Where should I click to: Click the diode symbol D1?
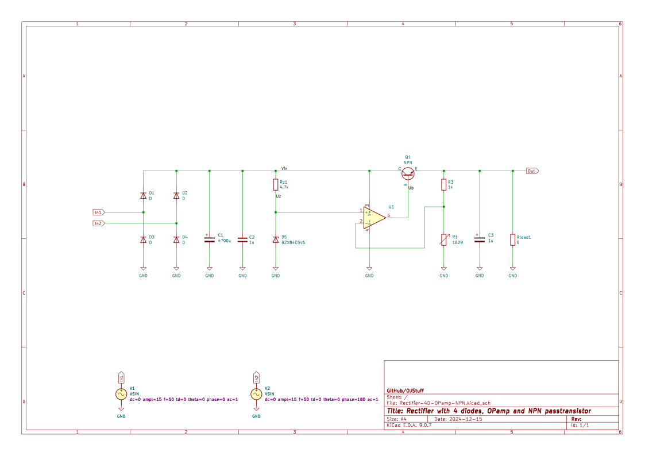(143, 196)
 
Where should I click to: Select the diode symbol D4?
(176, 239)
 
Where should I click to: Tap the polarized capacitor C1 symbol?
(210, 238)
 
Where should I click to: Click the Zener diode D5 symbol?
(276, 239)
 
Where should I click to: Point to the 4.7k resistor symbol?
(276, 184)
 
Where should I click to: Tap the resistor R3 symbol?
(443, 184)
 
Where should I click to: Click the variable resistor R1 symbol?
(443, 239)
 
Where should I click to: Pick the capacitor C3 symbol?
(480, 238)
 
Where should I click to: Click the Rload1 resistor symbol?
(513, 239)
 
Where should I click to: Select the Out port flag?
(532, 171)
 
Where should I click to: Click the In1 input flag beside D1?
(99, 212)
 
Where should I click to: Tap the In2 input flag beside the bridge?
(99, 223)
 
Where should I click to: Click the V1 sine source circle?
(121, 394)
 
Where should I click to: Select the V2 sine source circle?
(256, 394)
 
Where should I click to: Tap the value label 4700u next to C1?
(224, 241)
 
